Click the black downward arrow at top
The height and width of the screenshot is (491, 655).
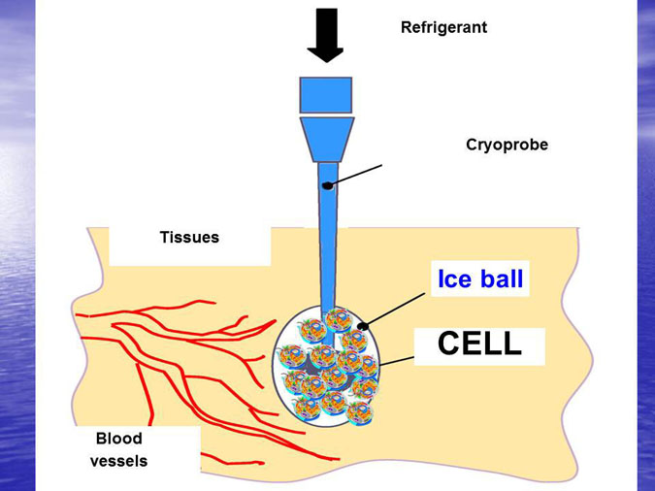pos(325,33)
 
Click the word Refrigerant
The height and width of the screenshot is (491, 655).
pos(443,28)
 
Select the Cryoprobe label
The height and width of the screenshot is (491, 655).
pos(507,145)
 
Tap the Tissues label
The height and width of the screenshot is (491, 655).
pos(189,237)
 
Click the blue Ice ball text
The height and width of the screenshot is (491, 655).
pos(480,279)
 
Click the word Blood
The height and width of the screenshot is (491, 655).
pos(118,439)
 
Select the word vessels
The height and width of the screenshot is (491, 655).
pos(118,461)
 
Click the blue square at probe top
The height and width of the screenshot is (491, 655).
pos(325,93)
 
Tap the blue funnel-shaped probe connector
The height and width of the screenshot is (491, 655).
pos(325,139)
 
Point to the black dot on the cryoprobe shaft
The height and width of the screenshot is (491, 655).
pos(329,184)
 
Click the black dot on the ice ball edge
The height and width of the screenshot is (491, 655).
pos(363,326)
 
